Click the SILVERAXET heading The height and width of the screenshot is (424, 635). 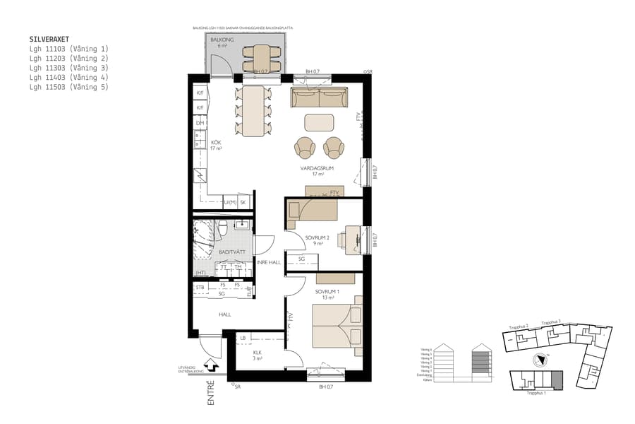coord(49,40)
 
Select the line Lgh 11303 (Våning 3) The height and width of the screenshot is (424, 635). coord(69,69)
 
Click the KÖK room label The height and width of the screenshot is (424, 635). coord(217,143)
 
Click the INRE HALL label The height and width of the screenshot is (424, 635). coord(269,262)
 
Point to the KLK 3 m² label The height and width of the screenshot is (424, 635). coord(258,355)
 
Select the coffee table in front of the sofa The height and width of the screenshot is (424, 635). coord(319,122)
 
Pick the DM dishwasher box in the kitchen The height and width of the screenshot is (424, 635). coord(200,123)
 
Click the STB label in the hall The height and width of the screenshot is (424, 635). coord(200,288)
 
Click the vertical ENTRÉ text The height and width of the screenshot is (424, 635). coord(210,394)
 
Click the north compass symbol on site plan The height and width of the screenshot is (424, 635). coord(540,358)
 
